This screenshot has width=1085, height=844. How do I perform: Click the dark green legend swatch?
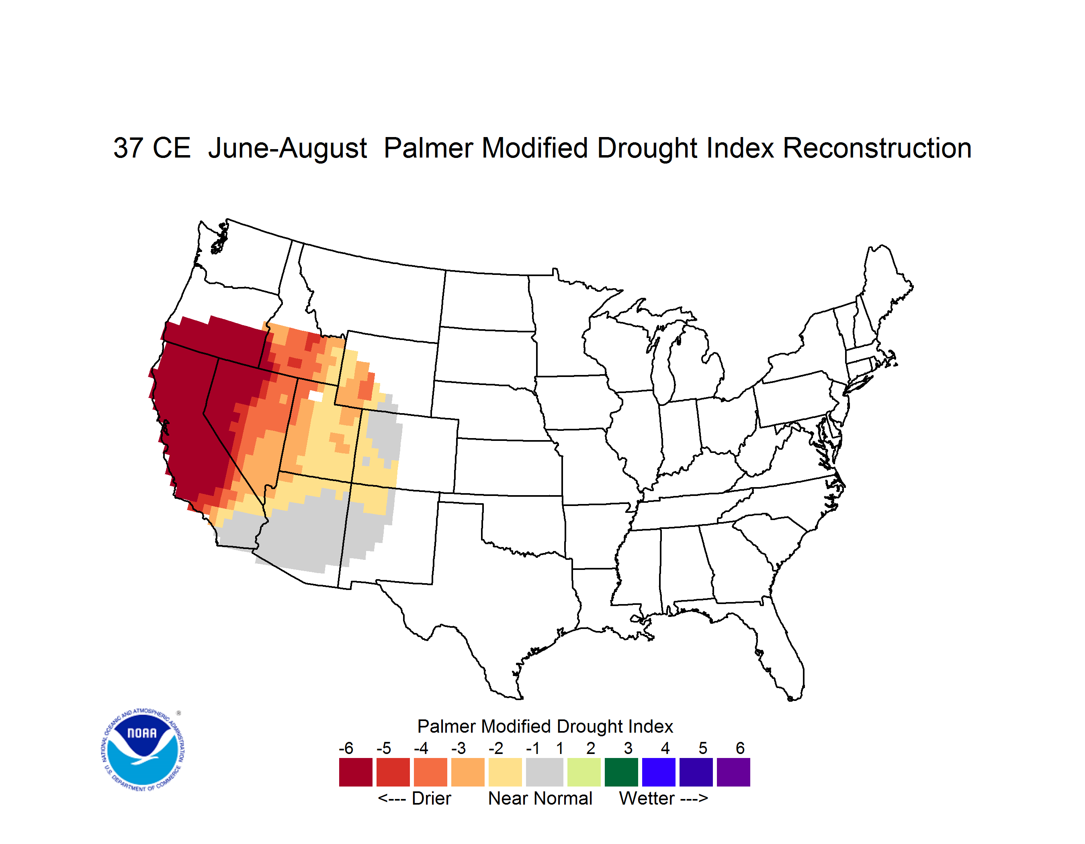[621, 772]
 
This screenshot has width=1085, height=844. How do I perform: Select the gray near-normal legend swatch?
[545, 772]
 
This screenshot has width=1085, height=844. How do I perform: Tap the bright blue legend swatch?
[659, 772]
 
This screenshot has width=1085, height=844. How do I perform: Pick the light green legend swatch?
[584, 772]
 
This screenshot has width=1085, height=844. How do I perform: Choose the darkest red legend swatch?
[356, 772]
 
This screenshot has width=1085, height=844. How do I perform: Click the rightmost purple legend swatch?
[733, 772]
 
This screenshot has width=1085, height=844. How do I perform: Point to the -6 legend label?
[346, 748]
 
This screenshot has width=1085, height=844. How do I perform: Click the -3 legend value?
[459, 748]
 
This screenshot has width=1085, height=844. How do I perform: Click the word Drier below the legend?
[431, 798]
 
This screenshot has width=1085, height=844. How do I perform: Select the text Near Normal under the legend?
[540, 798]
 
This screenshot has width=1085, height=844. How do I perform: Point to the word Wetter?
[646, 798]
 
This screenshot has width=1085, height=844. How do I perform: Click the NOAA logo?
[143, 750]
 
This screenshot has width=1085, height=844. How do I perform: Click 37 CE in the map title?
[152, 148]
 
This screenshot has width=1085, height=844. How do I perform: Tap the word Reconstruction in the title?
[877, 148]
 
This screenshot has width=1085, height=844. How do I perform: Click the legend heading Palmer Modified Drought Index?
[545, 726]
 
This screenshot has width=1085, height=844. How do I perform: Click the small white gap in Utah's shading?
[315, 396]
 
